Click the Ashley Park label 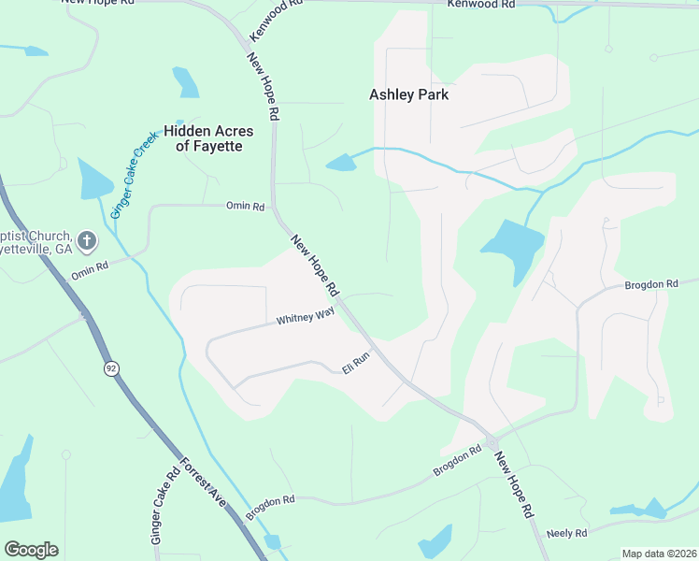pyautogui.click(x=408, y=94)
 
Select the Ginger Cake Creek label pyautogui.click(x=134, y=176)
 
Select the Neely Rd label pyautogui.click(x=566, y=533)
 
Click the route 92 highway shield pyautogui.click(x=112, y=368)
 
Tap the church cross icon pyautogui.click(x=86, y=241)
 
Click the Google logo pyautogui.click(x=31, y=550)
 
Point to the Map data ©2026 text pyautogui.click(x=659, y=554)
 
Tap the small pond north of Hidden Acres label pyautogui.click(x=186, y=83)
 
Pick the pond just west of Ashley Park pyautogui.click(x=342, y=163)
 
